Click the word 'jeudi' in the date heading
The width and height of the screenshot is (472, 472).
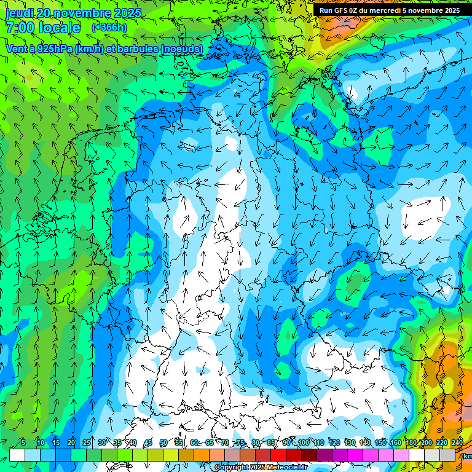coord(20,13)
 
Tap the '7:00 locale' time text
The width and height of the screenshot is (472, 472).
coord(43,28)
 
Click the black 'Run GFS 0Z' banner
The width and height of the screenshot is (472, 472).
coord(390,10)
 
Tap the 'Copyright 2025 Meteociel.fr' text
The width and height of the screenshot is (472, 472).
coord(261,468)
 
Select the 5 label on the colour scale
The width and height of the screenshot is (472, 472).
coord(23,443)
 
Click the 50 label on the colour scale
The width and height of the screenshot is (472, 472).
coord(163,443)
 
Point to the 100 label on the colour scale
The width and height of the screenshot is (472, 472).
coord(304,443)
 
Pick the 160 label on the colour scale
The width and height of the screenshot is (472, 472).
coord(396,443)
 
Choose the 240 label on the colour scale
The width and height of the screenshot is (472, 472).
coord(457,443)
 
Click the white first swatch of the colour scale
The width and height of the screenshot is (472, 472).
coord(17,455)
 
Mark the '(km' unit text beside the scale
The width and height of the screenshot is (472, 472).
coord(467,456)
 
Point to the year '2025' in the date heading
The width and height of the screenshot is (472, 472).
coord(127,13)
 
